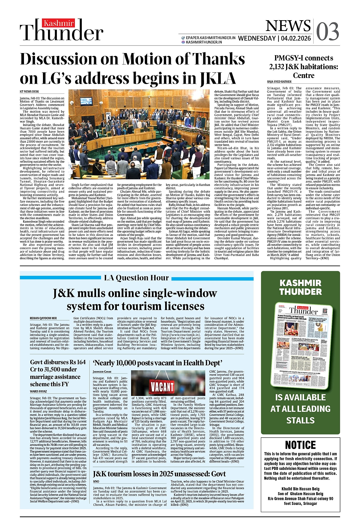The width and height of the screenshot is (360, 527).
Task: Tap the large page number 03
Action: click(327, 32)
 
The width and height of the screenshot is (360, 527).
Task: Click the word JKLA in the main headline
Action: click(218, 79)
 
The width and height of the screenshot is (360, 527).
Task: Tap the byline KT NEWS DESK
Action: click(29, 92)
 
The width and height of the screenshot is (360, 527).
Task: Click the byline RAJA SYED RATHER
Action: click(279, 82)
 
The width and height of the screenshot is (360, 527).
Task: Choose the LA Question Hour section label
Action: click(136, 278)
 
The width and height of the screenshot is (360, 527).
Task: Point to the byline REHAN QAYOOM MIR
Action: click(43, 318)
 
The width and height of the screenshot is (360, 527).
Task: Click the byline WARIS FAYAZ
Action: click(38, 392)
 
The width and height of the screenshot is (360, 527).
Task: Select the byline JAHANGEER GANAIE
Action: click(102, 372)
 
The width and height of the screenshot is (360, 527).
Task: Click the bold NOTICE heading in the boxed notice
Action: click(300, 445)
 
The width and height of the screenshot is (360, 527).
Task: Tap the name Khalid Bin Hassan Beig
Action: click(300, 489)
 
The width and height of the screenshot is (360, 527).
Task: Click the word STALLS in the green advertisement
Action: click(300, 421)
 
